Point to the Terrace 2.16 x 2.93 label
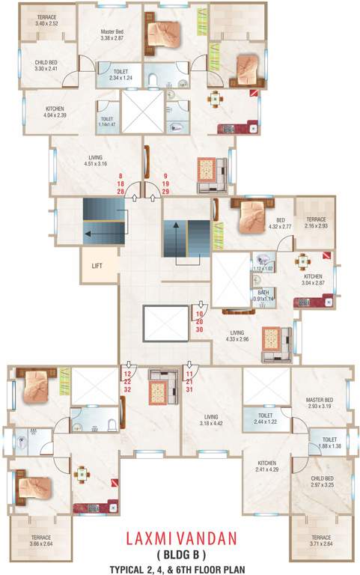314,222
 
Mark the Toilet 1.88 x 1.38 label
329,443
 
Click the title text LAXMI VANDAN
180,535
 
